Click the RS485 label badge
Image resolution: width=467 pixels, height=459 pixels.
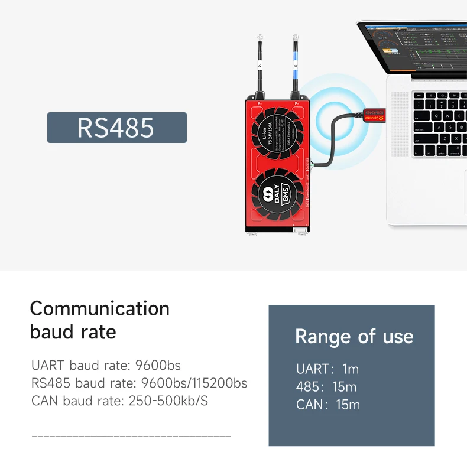click(116, 128)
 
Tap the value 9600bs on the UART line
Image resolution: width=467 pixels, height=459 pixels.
click(158, 365)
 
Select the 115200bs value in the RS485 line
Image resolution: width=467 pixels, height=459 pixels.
click(217, 383)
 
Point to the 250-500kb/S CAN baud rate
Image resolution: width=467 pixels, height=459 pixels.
click(168, 402)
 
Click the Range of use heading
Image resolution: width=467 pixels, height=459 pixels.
click(354, 337)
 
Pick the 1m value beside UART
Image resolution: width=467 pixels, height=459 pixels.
click(351, 369)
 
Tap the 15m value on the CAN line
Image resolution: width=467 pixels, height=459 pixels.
click(348, 405)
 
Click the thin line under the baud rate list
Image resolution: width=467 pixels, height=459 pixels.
click(131, 436)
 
